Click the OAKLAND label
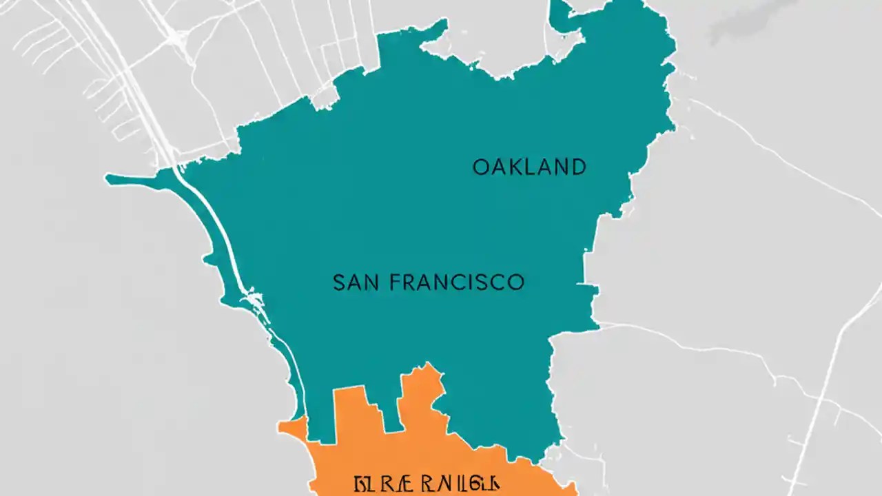pyautogui.click(x=529, y=167)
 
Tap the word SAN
pyautogui.click(x=355, y=282)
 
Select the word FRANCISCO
pyautogui.click(x=456, y=282)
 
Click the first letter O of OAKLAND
pyautogui.click(x=481, y=167)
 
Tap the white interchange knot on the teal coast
pyautogui.click(x=256, y=300)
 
